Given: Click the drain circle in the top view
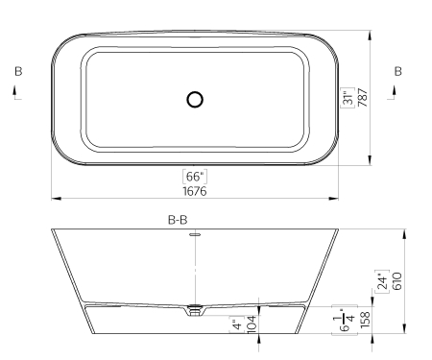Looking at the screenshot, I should pos(195,99).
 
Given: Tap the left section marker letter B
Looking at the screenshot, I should pos(17,71).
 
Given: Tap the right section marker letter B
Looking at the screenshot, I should pos(397,71).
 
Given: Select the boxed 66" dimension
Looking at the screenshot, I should pos(195,177).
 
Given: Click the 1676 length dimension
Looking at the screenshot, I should pos(195,191).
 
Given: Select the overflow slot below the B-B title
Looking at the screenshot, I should pos(195,233).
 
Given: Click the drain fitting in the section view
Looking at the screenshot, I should pos(195,310).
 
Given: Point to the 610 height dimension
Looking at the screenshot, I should pos(395,280).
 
